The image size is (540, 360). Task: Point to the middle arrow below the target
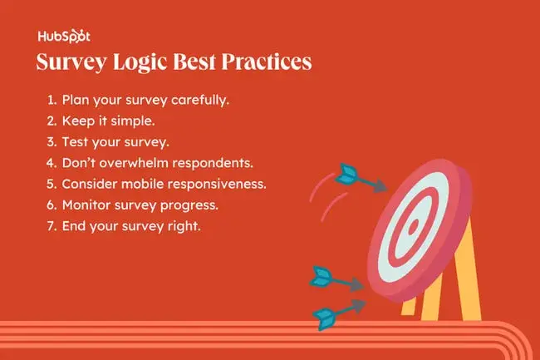click(336, 279)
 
